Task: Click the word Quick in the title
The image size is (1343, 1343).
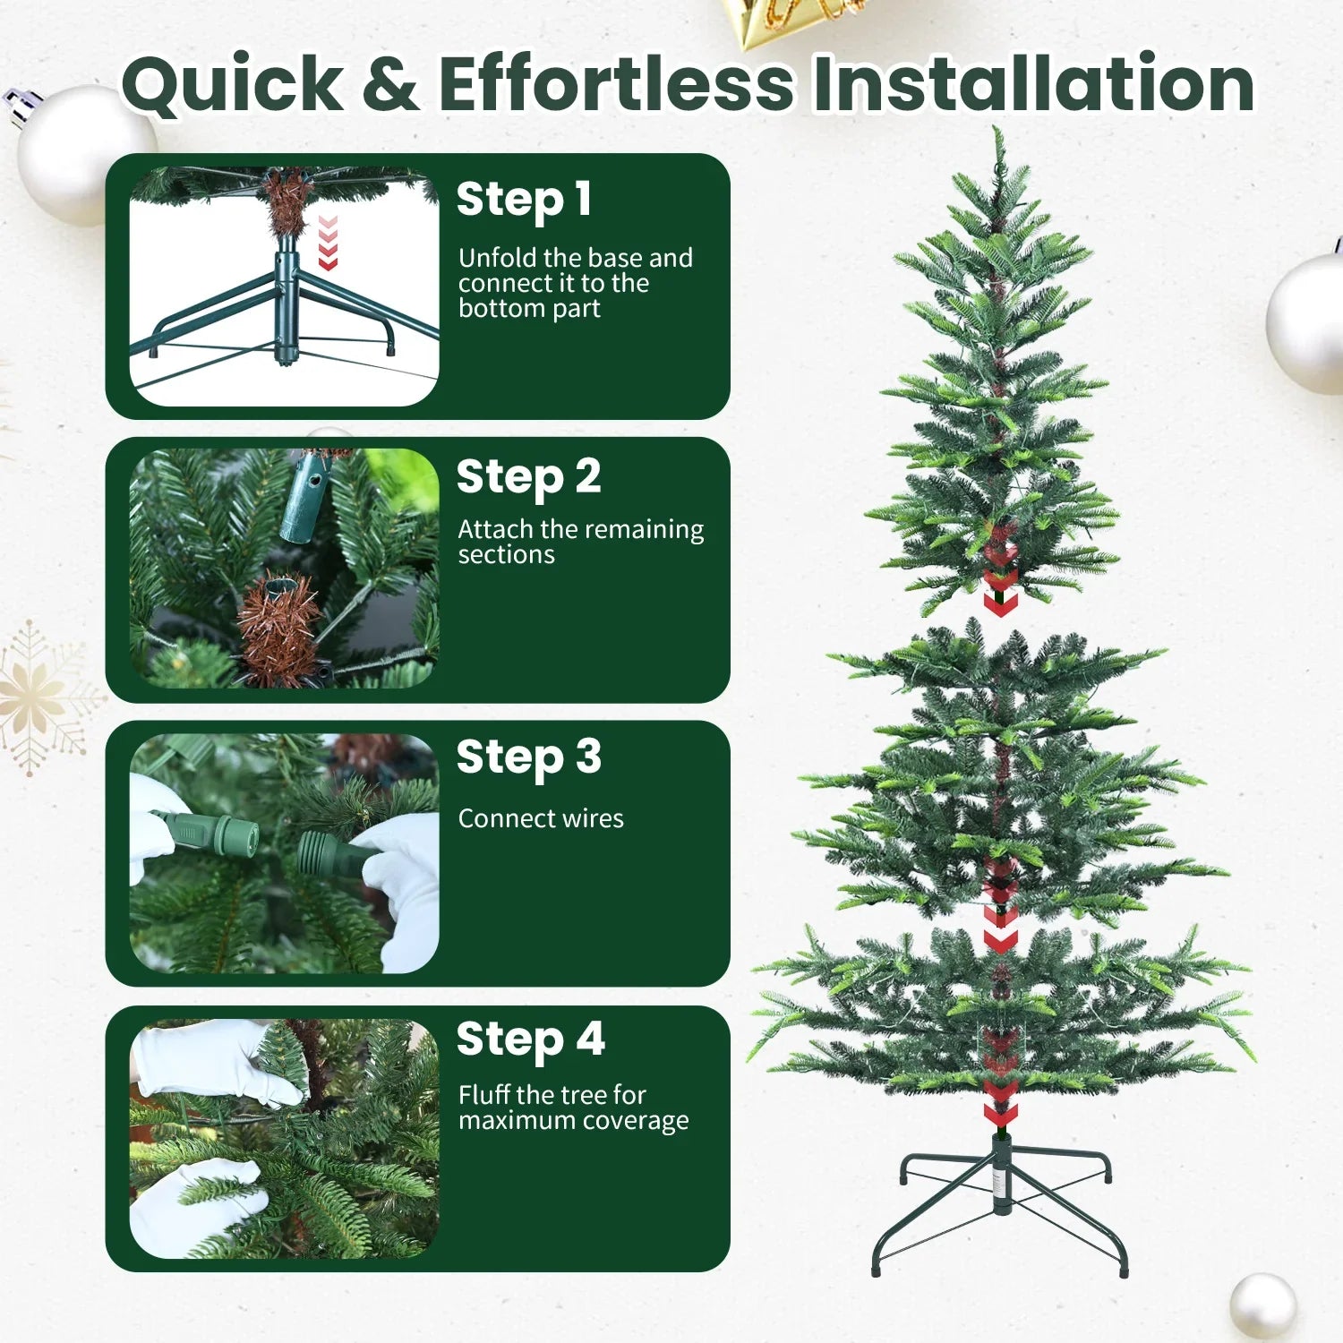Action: [233, 85]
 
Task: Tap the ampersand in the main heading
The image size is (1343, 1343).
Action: [391, 85]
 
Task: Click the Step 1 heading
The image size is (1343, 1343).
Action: [524, 200]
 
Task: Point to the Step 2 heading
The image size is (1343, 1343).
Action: [528, 477]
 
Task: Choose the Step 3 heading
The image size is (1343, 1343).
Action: [528, 758]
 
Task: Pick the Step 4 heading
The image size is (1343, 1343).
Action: [530, 1040]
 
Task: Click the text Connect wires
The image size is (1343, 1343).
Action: [541, 818]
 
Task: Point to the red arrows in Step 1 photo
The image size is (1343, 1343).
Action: [328, 242]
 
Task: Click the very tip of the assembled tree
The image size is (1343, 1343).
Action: [997, 132]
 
